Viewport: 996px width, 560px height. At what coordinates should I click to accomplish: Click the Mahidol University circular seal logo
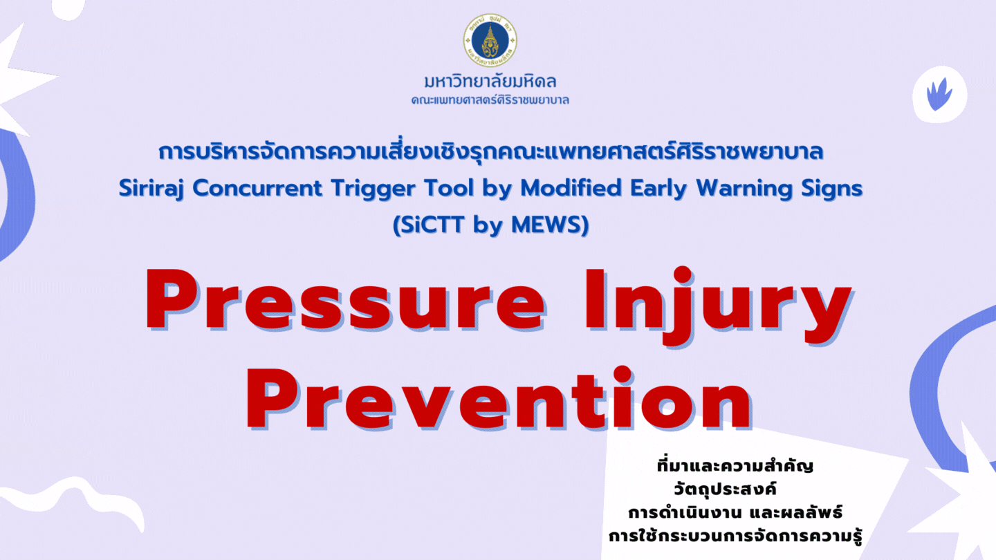pyautogui.click(x=490, y=40)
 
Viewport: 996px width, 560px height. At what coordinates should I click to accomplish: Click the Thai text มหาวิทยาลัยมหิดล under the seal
pyautogui.click(x=490, y=82)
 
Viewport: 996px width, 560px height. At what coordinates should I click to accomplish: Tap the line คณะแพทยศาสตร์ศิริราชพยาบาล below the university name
pyautogui.click(x=490, y=100)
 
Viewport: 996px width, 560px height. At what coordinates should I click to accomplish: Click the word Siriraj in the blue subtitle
pyautogui.click(x=151, y=189)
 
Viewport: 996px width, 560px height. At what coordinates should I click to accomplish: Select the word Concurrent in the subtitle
pyautogui.click(x=257, y=188)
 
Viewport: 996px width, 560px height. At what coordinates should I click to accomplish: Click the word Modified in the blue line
pyautogui.click(x=571, y=187)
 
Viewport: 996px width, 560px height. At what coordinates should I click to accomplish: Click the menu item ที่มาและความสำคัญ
pyautogui.click(x=735, y=466)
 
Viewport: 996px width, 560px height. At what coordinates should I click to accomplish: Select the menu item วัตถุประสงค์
pyautogui.click(x=725, y=489)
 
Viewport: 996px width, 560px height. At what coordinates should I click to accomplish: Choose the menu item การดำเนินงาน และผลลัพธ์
pyautogui.click(x=735, y=512)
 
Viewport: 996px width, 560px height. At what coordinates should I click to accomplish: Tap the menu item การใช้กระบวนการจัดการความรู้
pyautogui.click(x=735, y=536)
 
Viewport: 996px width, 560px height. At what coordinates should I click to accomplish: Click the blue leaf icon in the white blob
pyautogui.click(x=939, y=94)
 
